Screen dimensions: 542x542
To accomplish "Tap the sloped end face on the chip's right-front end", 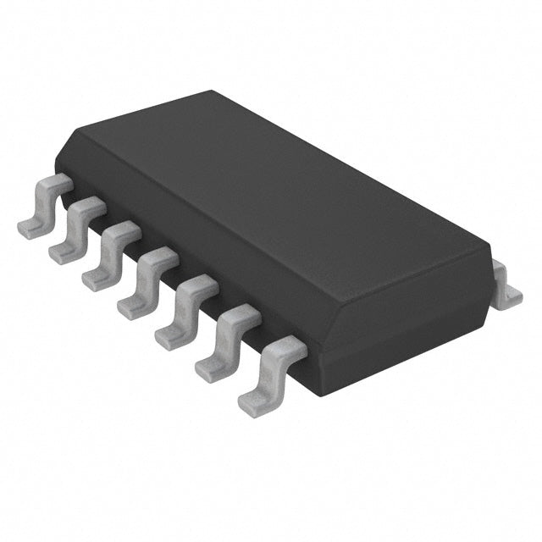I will [406, 313].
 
